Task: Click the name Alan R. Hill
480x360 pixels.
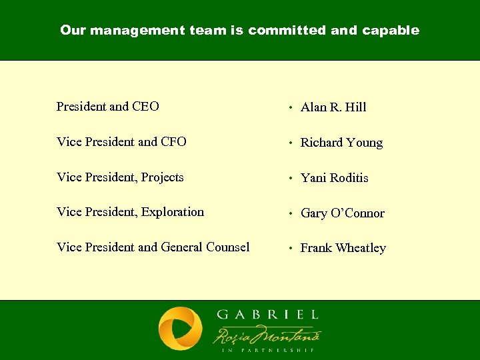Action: point(333,107)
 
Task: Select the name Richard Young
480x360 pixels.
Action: point(341,143)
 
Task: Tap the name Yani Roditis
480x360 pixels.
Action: point(334,178)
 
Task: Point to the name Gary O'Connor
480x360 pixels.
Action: point(343,213)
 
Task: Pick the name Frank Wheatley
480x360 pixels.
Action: point(343,248)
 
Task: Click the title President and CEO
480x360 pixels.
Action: point(108,107)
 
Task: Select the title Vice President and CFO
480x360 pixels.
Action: point(121,142)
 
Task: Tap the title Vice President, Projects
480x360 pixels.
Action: point(120,177)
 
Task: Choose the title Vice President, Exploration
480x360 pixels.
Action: point(131,212)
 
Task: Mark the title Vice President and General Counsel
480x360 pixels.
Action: point(153,247)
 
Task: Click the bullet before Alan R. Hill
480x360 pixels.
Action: point(290,108)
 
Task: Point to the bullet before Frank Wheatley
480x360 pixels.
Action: point(290,249)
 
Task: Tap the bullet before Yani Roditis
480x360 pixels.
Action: point(290,179)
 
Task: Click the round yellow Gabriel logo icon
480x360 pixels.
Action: point(180,329)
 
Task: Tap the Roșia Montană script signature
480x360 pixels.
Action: point(267,333)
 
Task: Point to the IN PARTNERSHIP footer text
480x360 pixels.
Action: point(267,349)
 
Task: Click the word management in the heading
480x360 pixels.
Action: point(131,31)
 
